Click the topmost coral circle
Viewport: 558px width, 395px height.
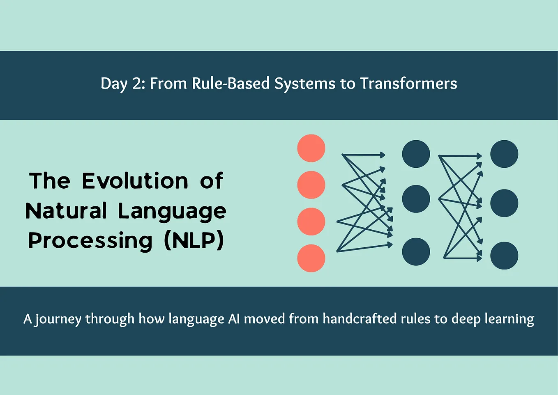coord(311,148)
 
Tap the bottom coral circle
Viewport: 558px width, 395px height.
coord(311,258)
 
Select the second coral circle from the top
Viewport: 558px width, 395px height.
coord(311,185)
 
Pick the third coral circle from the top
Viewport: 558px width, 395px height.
coord(311,221)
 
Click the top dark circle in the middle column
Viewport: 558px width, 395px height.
coord(416,154)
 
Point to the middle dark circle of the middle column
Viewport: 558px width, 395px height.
coord(416,199)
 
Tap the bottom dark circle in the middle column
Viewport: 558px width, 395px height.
coord(416,251)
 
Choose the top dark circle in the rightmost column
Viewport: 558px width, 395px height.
coord(504,154)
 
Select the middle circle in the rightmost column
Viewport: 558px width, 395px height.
coord(504,203)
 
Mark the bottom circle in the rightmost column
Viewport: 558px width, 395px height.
coord(504,256)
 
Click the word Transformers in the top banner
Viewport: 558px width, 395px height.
coord(408,84)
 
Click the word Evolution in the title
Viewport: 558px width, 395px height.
coord(135,181)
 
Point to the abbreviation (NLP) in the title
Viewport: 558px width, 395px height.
coord(194,240)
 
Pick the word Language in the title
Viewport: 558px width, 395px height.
coord(172,211)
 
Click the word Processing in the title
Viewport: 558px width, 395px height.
coord(90,240)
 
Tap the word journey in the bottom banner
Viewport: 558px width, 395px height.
coord(58,319)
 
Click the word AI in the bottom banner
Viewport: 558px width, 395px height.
coord(234,319)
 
